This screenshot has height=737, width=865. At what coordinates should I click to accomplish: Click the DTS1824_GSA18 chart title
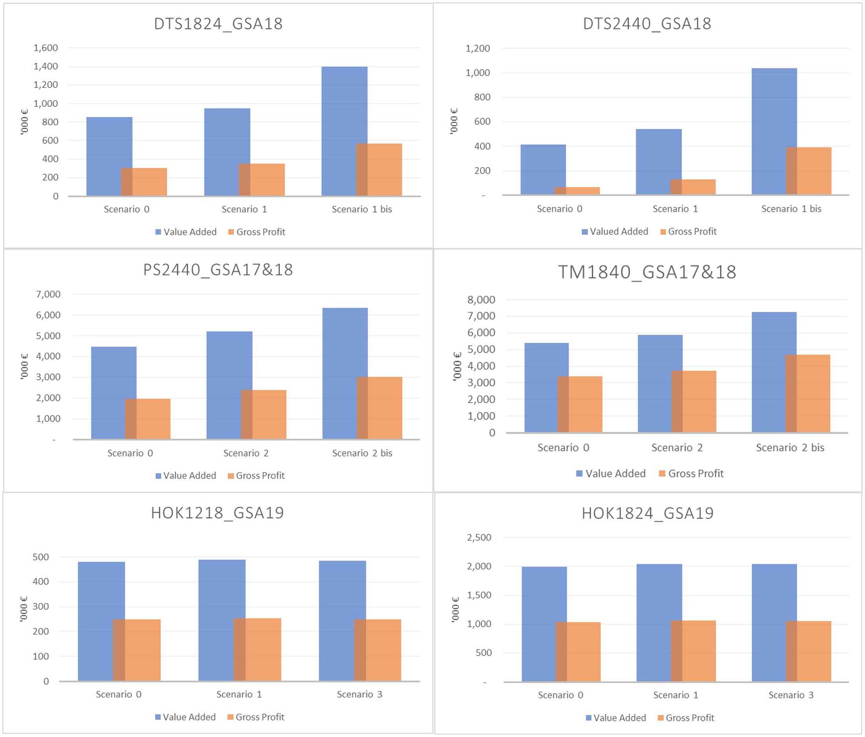click(219, 24)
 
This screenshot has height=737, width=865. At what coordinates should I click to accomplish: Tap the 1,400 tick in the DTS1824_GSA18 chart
click(46, 66)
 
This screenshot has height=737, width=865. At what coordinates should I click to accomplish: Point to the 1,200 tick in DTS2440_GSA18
click(477, 48)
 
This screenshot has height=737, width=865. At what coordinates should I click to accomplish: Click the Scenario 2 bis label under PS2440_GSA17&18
click(362, 453)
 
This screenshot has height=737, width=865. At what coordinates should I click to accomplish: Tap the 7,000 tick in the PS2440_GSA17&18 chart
click(48, 294)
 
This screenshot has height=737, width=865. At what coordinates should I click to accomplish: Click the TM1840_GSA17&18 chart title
click(647, 272)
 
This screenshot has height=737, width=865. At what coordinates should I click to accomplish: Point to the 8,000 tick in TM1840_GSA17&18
click(481, 300)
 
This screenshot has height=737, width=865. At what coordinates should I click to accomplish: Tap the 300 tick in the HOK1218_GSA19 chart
click(40, 607)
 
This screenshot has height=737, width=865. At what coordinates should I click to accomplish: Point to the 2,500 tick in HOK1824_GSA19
click(479, 537)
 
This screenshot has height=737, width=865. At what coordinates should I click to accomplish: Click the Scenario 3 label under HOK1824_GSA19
click(791, 695)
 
